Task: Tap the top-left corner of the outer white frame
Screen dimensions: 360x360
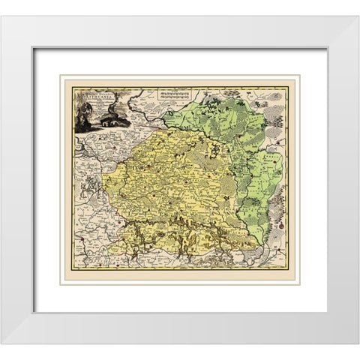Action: point(2,16)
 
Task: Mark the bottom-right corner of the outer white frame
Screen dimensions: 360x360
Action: point(358,343)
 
